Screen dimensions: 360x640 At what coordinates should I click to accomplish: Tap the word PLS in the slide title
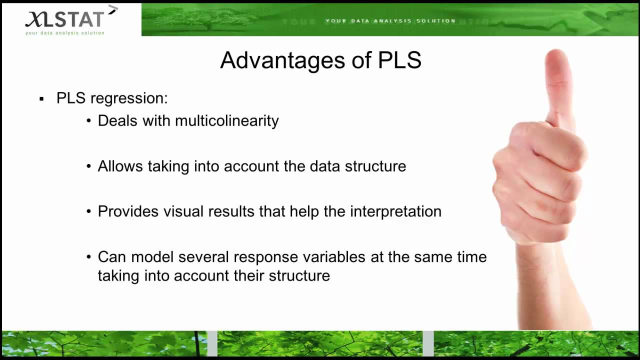click(399, 60)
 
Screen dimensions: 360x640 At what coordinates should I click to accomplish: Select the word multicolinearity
click(226, 121)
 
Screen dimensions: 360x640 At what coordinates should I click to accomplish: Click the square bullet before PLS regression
click(41, 99)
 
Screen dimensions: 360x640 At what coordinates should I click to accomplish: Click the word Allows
click(120, 166)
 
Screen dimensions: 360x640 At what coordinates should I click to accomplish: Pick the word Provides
click(125, 211)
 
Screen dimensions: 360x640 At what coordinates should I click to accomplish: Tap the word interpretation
click(395, 211)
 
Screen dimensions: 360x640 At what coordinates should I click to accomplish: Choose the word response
click(262, 257)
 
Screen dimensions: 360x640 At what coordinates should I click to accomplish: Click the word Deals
click(117, 121)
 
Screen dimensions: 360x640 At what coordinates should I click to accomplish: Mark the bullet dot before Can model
click(88, 257)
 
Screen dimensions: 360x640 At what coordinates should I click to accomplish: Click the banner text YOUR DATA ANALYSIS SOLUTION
click(390, 21)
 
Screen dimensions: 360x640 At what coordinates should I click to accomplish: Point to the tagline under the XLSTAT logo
click(65, 33)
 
